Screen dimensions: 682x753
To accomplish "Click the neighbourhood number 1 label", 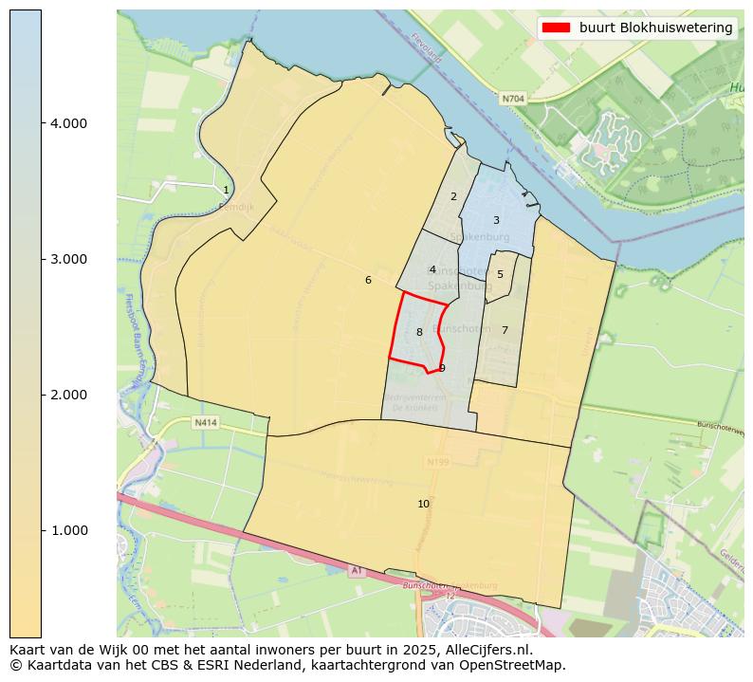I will [226, 191].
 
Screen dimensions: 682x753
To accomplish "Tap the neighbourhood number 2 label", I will [453, 197].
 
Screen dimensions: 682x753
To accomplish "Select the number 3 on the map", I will [496, 221].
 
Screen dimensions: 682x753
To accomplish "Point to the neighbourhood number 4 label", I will [432, 270].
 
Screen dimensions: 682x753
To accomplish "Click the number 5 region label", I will [500, 275].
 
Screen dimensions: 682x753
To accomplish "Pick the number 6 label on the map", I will [368, 281].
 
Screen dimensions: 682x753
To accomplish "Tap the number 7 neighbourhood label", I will [505, 331].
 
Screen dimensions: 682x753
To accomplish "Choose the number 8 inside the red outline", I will [419, 333].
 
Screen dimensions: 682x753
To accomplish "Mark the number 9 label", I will [442, 368].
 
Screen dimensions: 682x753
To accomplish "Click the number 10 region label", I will [424, 504].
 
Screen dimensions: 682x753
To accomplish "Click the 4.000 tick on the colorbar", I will [70, 123].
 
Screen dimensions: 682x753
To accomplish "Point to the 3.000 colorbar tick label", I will [70, 259].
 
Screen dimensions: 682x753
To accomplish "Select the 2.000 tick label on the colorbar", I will [70, 395].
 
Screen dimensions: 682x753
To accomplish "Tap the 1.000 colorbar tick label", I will [70, 530].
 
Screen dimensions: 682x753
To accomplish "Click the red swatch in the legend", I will [555, 28].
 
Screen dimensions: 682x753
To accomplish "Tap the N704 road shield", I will [513, 98].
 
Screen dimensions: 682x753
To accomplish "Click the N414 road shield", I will [206, 422].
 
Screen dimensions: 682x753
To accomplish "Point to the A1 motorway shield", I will [357, 570].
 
